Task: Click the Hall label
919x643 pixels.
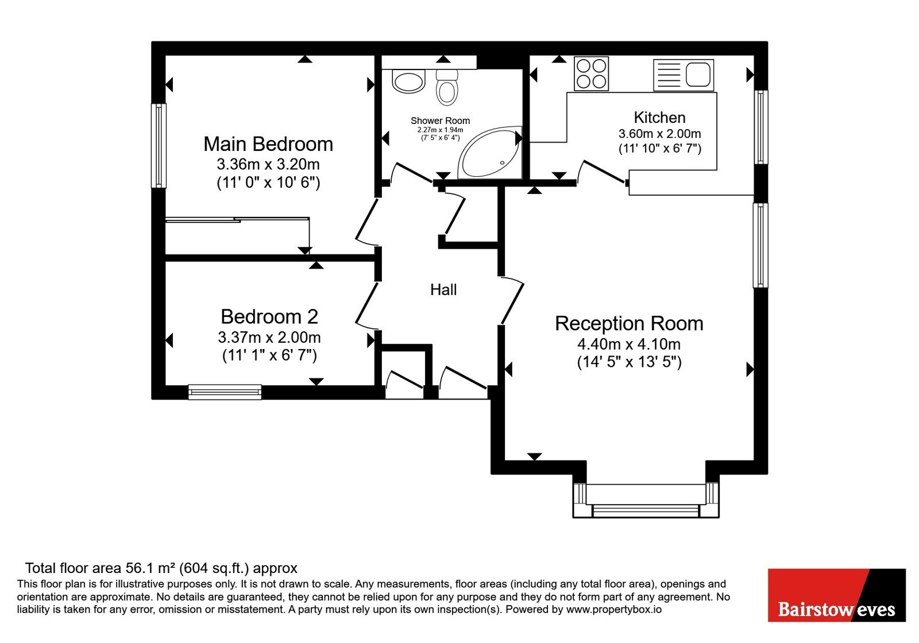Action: click(443, 290)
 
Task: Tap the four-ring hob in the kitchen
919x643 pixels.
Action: click(591, 73)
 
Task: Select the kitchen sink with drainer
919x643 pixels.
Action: click(684, 75)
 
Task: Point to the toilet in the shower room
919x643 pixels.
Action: click(447, 87)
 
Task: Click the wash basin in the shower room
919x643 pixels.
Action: click(408, 82)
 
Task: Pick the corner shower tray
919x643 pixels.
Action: click(491, 152)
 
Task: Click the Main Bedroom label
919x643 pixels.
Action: click(268, 144)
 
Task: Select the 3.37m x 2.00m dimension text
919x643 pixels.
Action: click(269, 338)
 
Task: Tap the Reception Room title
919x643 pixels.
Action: click(629, 324)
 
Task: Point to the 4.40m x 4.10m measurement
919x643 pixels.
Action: click(629, 344)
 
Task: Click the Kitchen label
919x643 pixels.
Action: click(660, 118)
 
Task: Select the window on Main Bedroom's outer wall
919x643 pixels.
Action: click(159, 146)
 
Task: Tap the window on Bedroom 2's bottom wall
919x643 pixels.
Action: click(225, 392)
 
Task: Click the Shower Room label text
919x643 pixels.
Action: click(440, 121)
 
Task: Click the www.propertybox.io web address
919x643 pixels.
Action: click(614, 609)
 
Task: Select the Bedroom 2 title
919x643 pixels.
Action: click(269, 316)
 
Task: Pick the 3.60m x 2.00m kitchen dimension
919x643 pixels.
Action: click(660, 134)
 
